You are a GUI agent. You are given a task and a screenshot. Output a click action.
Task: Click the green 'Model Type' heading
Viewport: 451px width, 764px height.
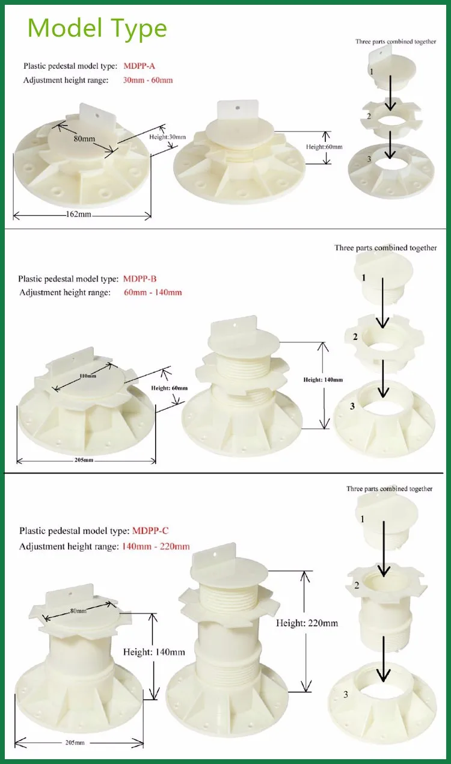97,28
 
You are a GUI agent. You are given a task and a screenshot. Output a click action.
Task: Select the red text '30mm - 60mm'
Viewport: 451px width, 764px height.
148,80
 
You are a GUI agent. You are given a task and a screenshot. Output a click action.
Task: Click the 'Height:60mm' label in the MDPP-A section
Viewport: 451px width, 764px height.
324,147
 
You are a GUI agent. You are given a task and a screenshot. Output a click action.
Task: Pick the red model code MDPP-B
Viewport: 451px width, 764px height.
140,279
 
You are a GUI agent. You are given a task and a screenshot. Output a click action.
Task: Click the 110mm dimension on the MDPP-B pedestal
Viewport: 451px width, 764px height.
87,376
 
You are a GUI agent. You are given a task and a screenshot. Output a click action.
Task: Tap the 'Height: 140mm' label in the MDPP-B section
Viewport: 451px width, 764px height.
323,380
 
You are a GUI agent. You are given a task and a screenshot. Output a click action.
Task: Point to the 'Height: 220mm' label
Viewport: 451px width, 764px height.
307,623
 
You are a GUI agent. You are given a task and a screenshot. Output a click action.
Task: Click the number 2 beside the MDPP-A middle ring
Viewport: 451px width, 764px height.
369,116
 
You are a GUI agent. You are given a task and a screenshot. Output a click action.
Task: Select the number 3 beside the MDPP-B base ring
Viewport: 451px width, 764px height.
352,406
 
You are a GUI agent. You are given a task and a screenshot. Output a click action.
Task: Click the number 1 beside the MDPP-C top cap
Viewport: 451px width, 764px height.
362,518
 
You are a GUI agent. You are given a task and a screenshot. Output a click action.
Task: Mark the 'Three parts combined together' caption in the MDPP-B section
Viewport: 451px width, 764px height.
385,248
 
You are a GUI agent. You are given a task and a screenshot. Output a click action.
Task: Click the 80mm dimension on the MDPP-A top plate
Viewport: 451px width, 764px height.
85,139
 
